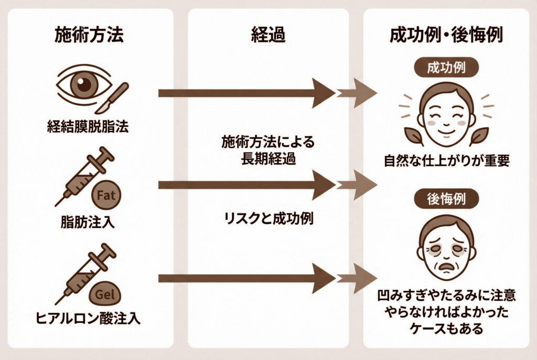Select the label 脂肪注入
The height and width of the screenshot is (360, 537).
[88, 222]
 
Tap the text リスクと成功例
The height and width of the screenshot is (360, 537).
[268, 219]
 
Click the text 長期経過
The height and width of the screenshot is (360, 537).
[268, 159]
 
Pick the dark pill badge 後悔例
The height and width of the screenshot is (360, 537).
[447, 199]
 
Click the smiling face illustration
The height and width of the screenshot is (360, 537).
[446, 116]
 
